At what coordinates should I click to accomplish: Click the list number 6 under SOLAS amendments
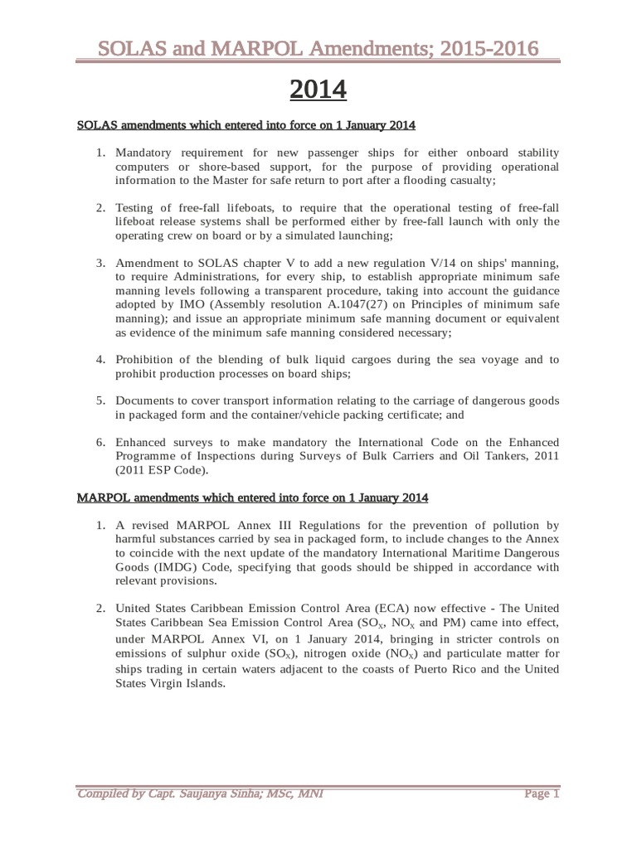[100, 441]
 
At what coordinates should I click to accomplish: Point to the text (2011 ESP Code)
[163, 468]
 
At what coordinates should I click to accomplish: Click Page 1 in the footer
[542, 794]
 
